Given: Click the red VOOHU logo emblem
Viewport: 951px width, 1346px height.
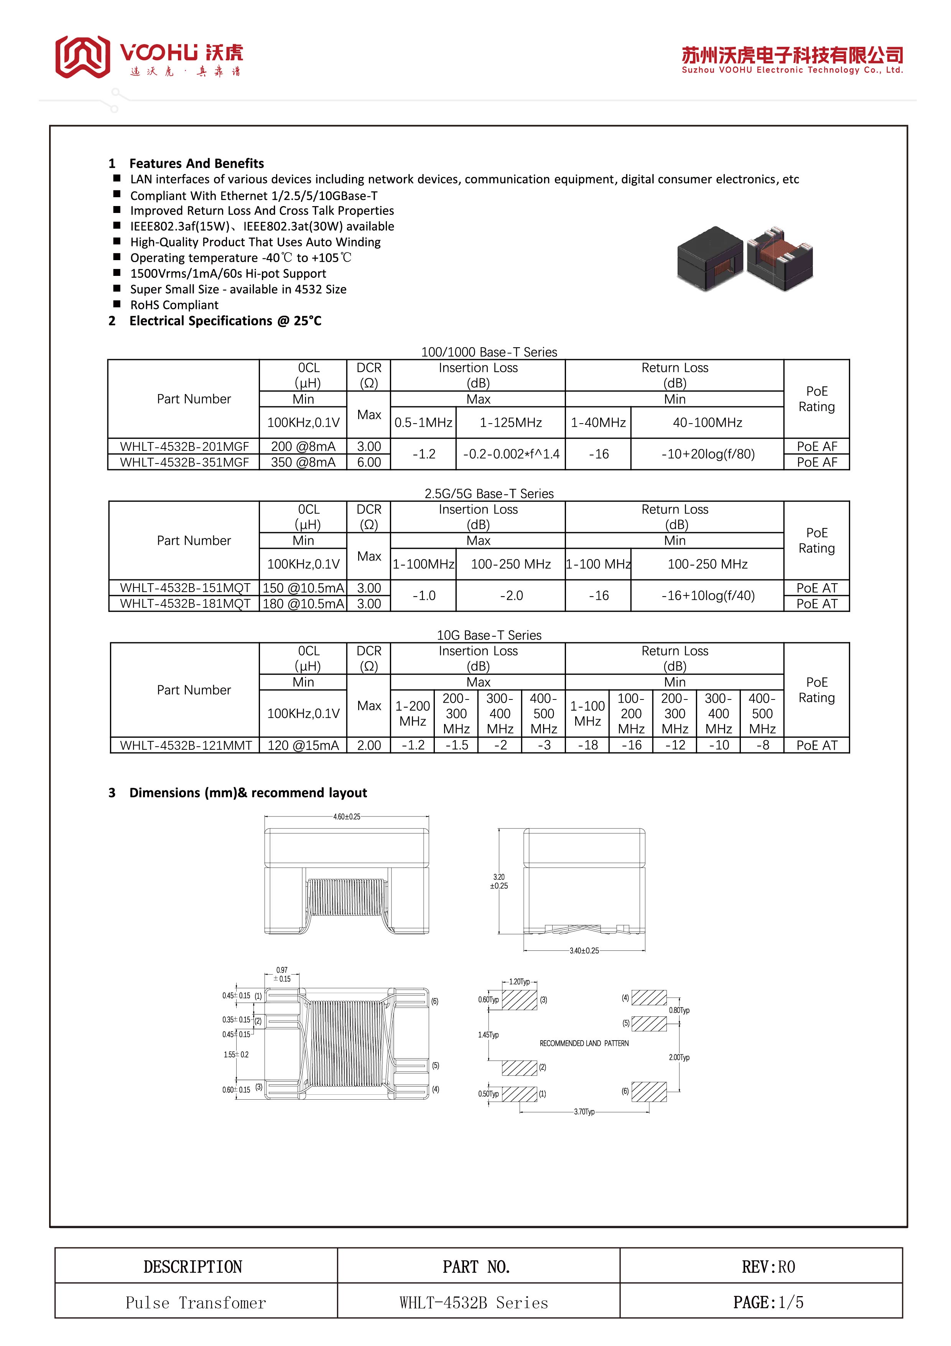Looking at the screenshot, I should (x=82, y=56).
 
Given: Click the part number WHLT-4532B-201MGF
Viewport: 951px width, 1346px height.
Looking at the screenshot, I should (x=184, y=446).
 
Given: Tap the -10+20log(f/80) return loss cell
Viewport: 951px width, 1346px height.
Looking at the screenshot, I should (x=707, y=454).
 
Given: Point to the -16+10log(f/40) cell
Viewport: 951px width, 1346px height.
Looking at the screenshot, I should (x=707, y=595).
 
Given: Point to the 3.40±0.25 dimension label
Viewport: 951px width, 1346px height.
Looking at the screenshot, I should (x=584, y=950).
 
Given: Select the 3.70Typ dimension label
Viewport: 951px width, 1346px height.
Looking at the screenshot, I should (x=584, y=1112).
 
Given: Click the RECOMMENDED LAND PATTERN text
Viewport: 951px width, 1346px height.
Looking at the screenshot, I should (x=584, y=1043).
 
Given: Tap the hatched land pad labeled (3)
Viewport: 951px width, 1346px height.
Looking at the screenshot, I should (x=519, y=1000).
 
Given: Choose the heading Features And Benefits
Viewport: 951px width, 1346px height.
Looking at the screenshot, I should (x=196, y=163).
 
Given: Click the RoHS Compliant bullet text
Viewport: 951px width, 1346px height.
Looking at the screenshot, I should (x=174, y=305).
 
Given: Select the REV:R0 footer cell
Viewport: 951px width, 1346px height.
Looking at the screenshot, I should (x=768, y=1267).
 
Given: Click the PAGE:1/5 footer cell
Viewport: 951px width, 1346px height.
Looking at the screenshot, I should (x=768, y=1303).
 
